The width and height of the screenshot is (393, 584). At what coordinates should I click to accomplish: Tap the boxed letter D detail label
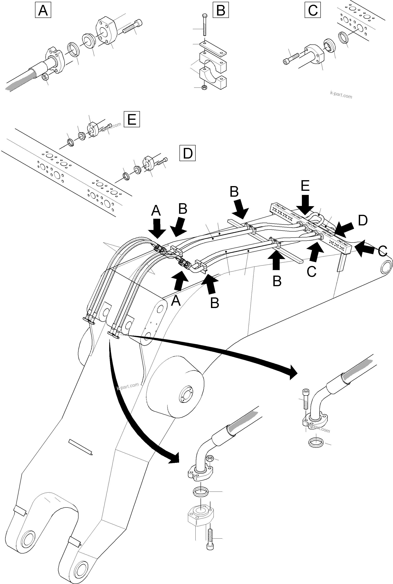pos(188,153)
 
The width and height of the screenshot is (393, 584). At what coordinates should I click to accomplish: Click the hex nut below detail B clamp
pos(204,88)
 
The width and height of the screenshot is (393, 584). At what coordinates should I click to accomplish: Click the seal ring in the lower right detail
pos(316,443)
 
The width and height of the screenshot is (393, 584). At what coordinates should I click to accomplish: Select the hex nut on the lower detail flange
pos(210,458)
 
